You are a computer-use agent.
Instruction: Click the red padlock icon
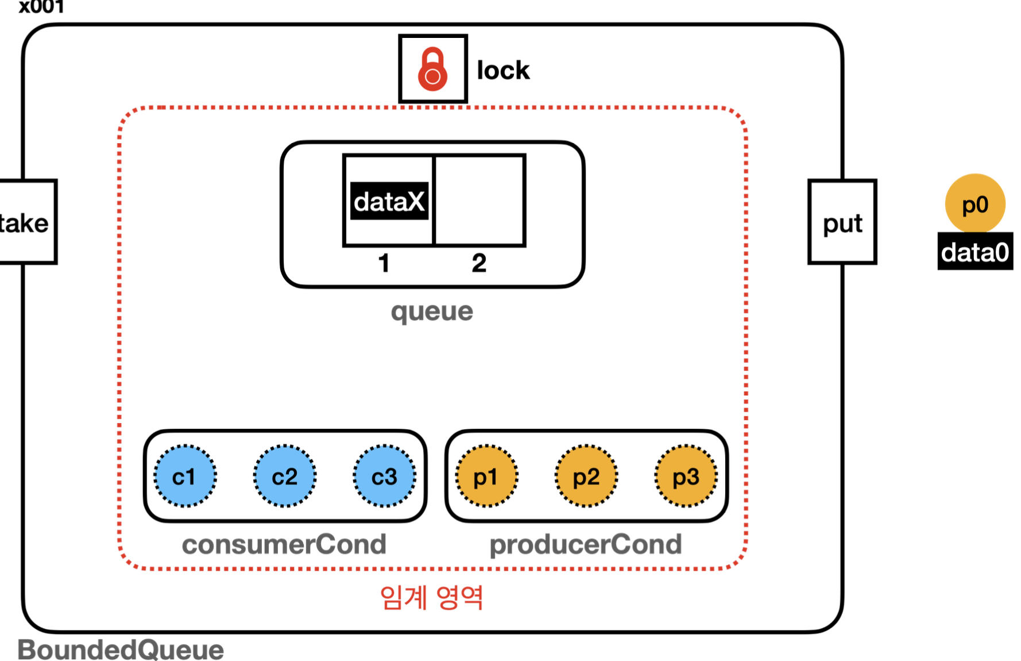tap(432, 69)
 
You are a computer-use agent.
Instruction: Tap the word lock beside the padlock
tap(503, 70)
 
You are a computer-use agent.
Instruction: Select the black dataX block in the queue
tap(389, 201)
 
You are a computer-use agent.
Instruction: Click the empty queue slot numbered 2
tap(479, 200)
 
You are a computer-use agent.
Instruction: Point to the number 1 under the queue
tap(384, 263)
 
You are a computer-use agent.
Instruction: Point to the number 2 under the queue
tap(479, 263)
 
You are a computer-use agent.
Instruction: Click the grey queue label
tap(432, 312)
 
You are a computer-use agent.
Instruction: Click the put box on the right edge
tap(842, 222)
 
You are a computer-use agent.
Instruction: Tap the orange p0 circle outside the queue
tap(975, 203)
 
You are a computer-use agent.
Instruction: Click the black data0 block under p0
tap(975, 252)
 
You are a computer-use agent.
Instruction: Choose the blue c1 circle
tap(185, 476)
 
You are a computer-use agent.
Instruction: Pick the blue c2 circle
tap(285, 476)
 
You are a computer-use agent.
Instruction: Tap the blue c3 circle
tap(384, 476)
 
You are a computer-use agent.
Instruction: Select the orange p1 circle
tap(486, 476)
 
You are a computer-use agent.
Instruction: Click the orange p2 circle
tap(586, 476)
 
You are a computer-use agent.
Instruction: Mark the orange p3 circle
tap(686, 476)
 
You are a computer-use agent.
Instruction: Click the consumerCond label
tap(284, 544)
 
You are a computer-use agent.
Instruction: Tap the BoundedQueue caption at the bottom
tap(121, 650)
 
